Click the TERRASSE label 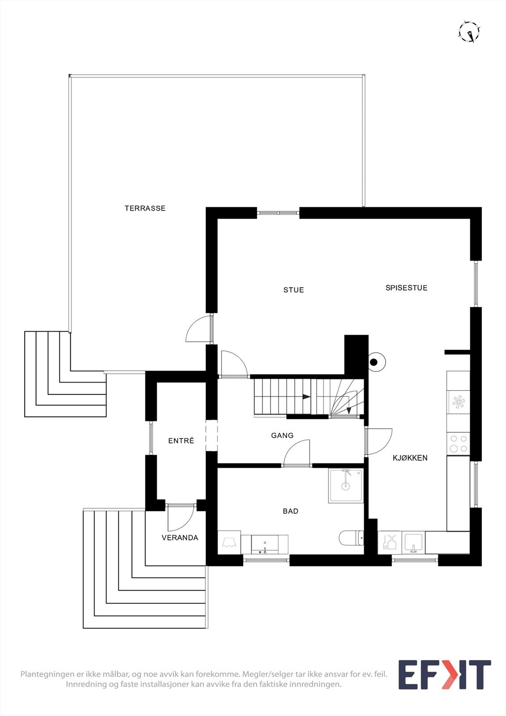pyautogui.click(x=145, y=208)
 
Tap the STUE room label pyautogui.click(x=293, y=290)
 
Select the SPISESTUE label pyautogui.click(x=406, y=288)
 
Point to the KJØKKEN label pyautogui.click(x=410, y=458)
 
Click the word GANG pyautogui.click(x=282, y=435)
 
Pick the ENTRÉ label pyautogui.click(x=181, y=441)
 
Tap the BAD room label pyautogui.click(x=290, y=511)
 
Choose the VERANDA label pyautogui.click(x=180, y=538)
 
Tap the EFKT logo pyautogui.click(x=444, y=674)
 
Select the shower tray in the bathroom pyautogui.click(x=346, y=486)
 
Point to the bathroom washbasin pyautogui.click(x=264, y=544)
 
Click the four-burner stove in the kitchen pyautogui.click(x=459, y=444)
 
